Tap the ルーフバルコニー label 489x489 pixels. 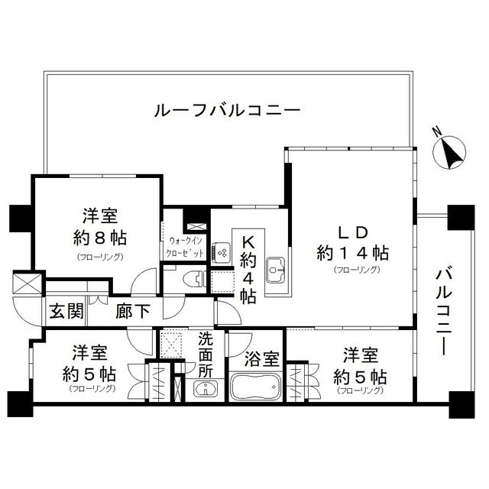tap(227, 111)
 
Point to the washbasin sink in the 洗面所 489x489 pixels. tap(204, 389)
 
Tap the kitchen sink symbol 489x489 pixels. tap(276, 268)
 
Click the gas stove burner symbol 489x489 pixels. tap(222, 251)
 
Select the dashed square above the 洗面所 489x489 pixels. tap(171, 341)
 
